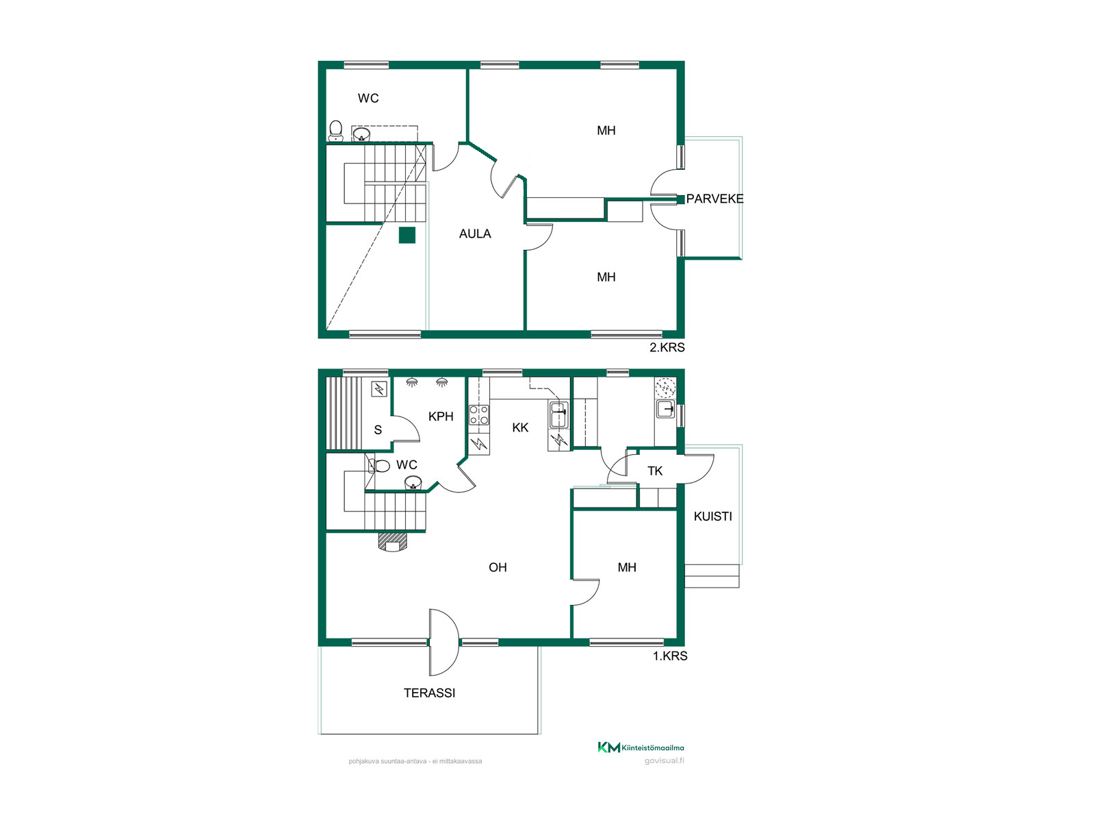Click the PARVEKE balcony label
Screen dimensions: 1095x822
point(714,199)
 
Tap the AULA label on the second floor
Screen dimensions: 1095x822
point(475,234)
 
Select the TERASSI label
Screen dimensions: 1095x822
point(429,693)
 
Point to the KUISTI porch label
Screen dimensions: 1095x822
point(713,516)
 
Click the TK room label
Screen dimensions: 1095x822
point(655,471)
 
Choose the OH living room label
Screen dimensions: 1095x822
point(498,567)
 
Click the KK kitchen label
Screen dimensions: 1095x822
point(520,427)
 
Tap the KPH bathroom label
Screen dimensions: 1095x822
point(441,416)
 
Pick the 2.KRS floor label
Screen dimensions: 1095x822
point(667,347)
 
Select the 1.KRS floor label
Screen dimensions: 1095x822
point(670,656)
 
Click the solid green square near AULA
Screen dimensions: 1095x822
point(407,235)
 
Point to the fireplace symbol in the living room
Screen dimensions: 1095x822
point(393,542)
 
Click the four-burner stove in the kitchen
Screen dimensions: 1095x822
point(478,414)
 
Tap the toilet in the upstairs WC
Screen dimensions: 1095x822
point(336,131)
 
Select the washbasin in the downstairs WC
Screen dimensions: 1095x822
point(413,483)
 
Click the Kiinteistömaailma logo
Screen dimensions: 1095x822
point(641,747)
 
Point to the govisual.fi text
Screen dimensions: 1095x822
point(664,760)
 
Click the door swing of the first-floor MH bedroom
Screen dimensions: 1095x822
point(585,593)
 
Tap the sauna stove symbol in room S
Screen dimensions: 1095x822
point(379,389)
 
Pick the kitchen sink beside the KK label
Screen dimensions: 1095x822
point(558,414)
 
